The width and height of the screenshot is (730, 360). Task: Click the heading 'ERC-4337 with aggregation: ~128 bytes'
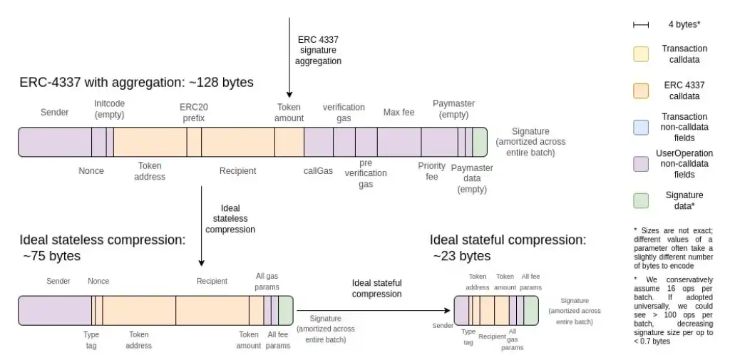[x=136, y=83]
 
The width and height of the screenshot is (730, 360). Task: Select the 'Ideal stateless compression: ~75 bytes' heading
[x=102, y=247]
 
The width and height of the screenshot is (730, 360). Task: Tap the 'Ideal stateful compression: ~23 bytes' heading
[x=508, y=247]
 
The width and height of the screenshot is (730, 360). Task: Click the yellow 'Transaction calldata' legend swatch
[x=642, y=54]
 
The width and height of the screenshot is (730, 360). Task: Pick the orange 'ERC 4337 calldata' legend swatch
[x=642, y=90]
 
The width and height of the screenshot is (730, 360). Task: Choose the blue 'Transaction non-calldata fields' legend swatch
[x=642, y=126]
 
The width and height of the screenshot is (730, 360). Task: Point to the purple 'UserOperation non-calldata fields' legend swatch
[x=642, y=163]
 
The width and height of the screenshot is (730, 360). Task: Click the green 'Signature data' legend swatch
[x=642, y=200]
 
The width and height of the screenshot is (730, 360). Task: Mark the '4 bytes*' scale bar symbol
[x=641, y=24]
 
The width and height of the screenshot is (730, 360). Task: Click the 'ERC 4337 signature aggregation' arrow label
[x=319, y=50]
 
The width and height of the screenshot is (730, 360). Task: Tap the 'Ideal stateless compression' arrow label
[x=230, y=219]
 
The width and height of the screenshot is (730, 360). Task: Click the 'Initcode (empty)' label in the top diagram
[x=109, y=108]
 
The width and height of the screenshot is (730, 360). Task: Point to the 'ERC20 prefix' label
[x=194, y=113]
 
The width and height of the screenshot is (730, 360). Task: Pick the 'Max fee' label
[x=399, y=113]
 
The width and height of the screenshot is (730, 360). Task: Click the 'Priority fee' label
[x=431, y=171]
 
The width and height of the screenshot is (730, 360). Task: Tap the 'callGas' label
[x=318, y=171]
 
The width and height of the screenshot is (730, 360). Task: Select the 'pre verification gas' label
[x=366, y=173]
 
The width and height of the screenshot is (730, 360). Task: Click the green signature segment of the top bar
[x=480, y=142]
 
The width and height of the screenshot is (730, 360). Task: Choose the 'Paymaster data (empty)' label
[x=472, y=178]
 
